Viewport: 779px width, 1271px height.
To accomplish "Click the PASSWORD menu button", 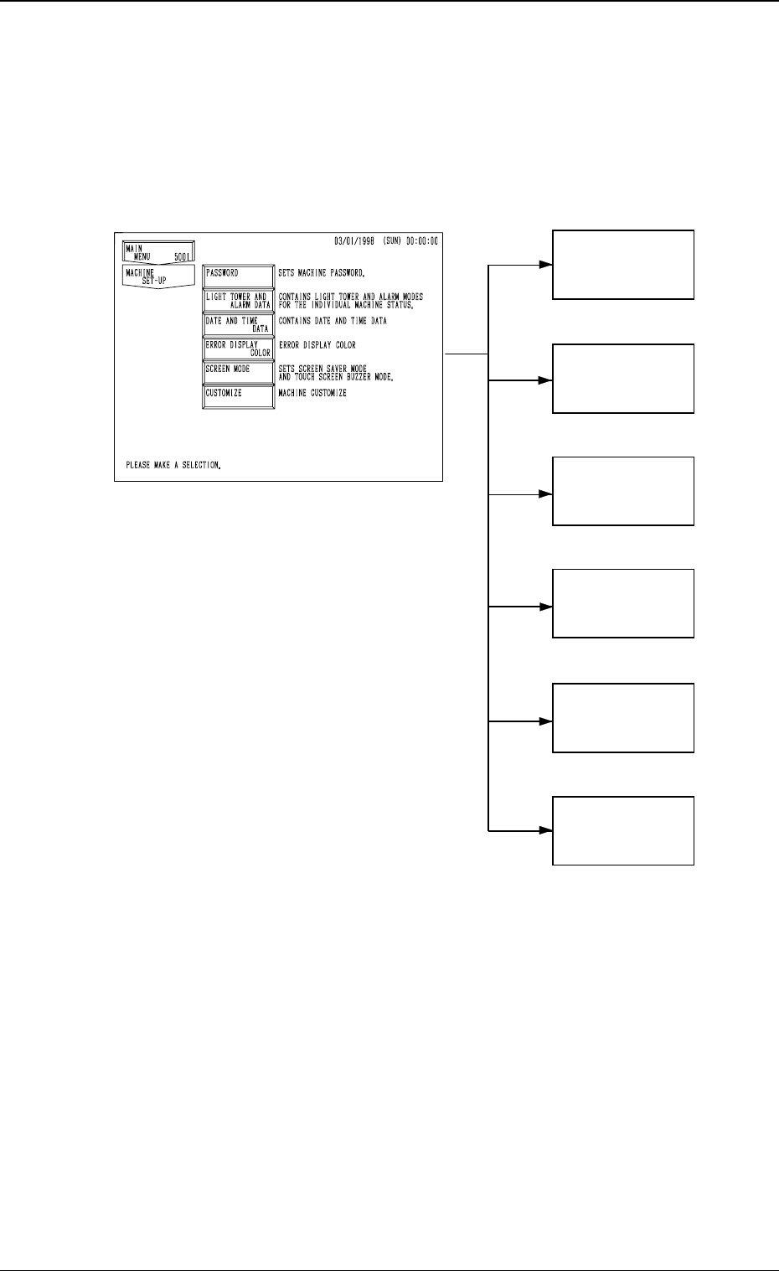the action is pyautogui.click(x=239, y=276).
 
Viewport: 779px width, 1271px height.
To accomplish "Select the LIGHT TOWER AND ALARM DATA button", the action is pyautogui.click(x=239, y=300).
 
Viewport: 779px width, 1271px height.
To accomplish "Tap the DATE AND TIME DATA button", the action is pyautogui.click(x=239, y=324).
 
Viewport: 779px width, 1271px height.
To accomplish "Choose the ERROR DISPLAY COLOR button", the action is pyautogui.click(x=239, y=349).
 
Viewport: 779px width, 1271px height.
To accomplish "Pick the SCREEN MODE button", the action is pyautogui.click(x=239, y=373).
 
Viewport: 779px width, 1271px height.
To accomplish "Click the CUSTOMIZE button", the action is pyautogui.click(x=239, y=396).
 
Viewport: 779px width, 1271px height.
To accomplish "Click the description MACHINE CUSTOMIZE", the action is pyautogui.click(x=312, y=393).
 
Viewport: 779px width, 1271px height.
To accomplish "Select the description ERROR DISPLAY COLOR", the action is pyautogui.click(x=317, y=345).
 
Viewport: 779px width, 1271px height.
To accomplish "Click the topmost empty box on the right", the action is pyautogui.click(x=623, y=264).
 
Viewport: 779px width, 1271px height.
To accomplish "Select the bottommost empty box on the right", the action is pyautogui.click(x=623, y=830).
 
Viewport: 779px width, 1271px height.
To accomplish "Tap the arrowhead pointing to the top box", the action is pyautogui.click(x=545, y=264).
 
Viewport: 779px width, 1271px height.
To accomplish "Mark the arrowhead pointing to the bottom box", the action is pyautogui.click(x=545, y=830).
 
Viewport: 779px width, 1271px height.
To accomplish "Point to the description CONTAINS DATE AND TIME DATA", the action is pyautogui.click(x=333, y=321).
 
